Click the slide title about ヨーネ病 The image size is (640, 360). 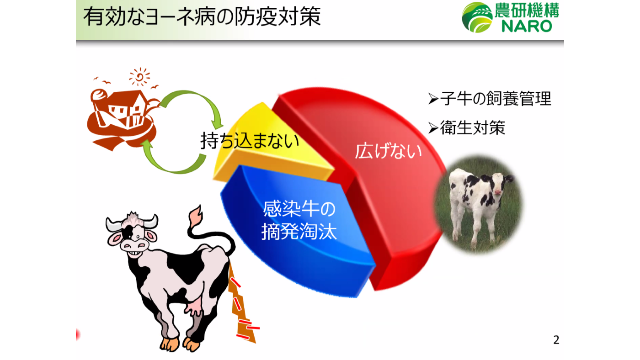coord(202,17)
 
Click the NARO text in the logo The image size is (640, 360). coord(527,26)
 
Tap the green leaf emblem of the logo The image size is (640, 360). coord(476,17)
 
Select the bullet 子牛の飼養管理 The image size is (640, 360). coord(495,99)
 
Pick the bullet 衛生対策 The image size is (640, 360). coord(472,128)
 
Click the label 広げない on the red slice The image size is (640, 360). coord(389,151)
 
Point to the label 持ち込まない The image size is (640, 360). coord(250,141)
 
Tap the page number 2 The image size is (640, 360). coord(556,340)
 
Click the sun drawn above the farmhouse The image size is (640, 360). coord(139,77)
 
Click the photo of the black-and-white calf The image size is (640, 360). coord(478,204)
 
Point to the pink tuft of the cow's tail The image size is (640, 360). coord(196,215)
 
